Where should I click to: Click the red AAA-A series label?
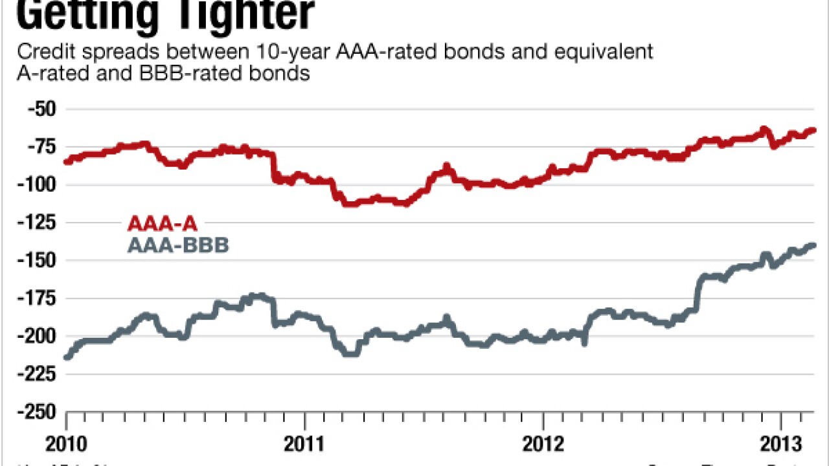163,225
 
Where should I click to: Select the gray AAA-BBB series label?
178,246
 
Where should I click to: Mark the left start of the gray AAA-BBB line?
67,356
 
